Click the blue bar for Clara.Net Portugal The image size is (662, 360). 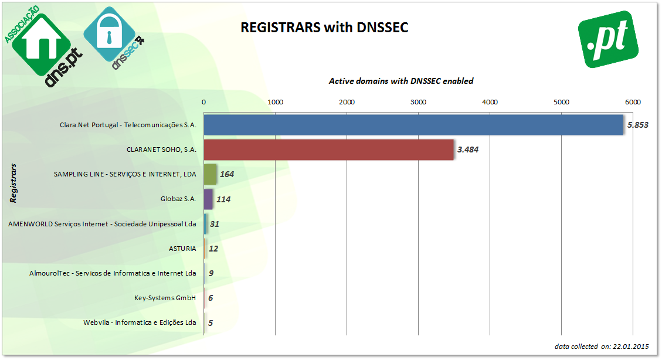pos(413,125)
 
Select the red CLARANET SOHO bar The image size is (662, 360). pos(328,150)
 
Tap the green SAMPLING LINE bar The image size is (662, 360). pos(210,174)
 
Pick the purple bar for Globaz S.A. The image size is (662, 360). pos(208,199)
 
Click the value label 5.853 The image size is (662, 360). pos(637,125)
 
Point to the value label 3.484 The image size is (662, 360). pos(468,150)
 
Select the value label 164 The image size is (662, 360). pos(227,174)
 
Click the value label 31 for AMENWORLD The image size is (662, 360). pos(215,224)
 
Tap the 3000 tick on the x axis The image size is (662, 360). pos(419,102)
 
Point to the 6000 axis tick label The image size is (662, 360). pos(633,102)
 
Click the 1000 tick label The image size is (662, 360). pos(275,102)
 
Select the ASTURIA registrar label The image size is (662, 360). pos(182,249)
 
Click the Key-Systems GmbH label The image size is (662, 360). pos(165,298)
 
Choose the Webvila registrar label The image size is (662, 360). pos(140,322)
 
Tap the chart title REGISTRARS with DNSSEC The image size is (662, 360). pos(324,28)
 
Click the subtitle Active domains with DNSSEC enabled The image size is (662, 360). pos(401,81)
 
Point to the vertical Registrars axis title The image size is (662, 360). pos(13,183)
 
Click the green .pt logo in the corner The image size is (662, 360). pos(608,39)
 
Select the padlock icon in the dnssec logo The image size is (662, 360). pos(109,33)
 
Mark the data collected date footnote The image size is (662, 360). pos(602,347)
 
